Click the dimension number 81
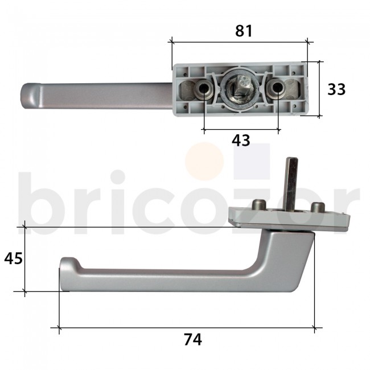click(244, 31)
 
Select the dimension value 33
click(337, 89)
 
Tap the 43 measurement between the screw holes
click(241, 140)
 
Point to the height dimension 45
click(13, 258)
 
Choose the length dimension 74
click(193, 340)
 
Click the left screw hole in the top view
click(204, 88)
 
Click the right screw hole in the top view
click(278, 88)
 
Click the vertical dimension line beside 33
click(319, 89)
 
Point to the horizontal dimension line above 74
click(188, 328)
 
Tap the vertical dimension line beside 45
click(24, 259)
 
